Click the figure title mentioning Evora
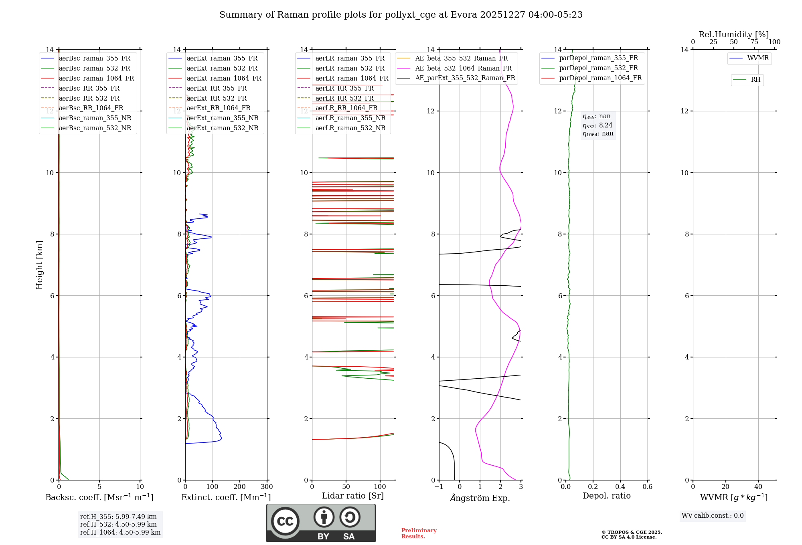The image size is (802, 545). tap(401, 15)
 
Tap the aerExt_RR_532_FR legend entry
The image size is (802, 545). tap(217, 98)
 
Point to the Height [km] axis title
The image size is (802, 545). tap(39, 264)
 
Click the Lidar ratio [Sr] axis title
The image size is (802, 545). tap(353, 496)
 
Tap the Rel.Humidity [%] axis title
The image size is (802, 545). tap(733, 34)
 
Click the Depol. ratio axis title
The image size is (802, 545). tap(606, 496)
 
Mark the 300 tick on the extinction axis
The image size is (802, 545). tap(267, 487)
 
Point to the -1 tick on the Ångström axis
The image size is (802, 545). tap(439, 487)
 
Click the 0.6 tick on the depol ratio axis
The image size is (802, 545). tap(647, 487)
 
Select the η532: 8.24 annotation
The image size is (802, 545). tap(597, 125)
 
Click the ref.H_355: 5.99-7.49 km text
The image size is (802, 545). tap(118, 517)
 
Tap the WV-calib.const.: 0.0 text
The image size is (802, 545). tap(713, 516)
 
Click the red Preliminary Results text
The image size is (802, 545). tap(419, 533)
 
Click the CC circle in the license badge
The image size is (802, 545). tap(285, 521)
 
